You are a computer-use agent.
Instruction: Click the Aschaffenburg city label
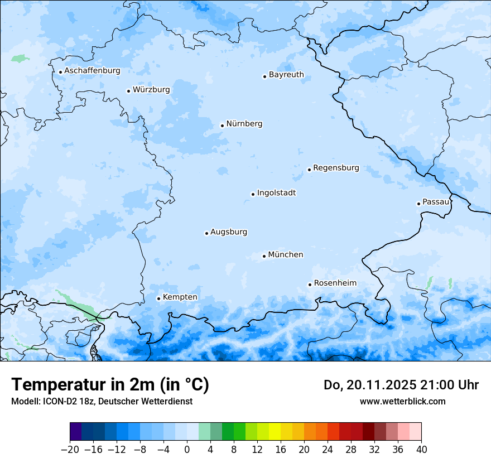click(x=92, y=71)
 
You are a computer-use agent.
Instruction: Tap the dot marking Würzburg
click(x=128, y=91)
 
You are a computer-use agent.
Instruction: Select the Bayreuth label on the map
click(x=286, y=75)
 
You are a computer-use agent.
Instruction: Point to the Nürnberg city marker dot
click(x=222, y=126)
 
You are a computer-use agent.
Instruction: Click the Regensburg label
click(x=336, y=168)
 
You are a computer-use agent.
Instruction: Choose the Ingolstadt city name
click(x=276, y=193)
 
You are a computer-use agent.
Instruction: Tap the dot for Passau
click(x=418, y=204)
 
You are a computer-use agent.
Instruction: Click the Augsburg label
click(x=229, y=232)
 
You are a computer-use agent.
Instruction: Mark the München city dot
click(x=264, y=257)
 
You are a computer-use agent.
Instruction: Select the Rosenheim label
click(x=335, y=283)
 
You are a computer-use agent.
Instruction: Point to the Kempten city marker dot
click(x=158, y=298)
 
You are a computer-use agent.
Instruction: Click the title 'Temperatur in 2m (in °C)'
click(x=110, y=384)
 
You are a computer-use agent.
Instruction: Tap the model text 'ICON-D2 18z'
click(x=67, y=402)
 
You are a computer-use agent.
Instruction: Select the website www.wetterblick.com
click(x=402, y=402)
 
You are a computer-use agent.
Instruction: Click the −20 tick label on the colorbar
click(x=70, y=450)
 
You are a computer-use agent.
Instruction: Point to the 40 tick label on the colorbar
click(x=421, y=450)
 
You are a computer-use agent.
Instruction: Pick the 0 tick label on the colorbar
click(x=187, y=450)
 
